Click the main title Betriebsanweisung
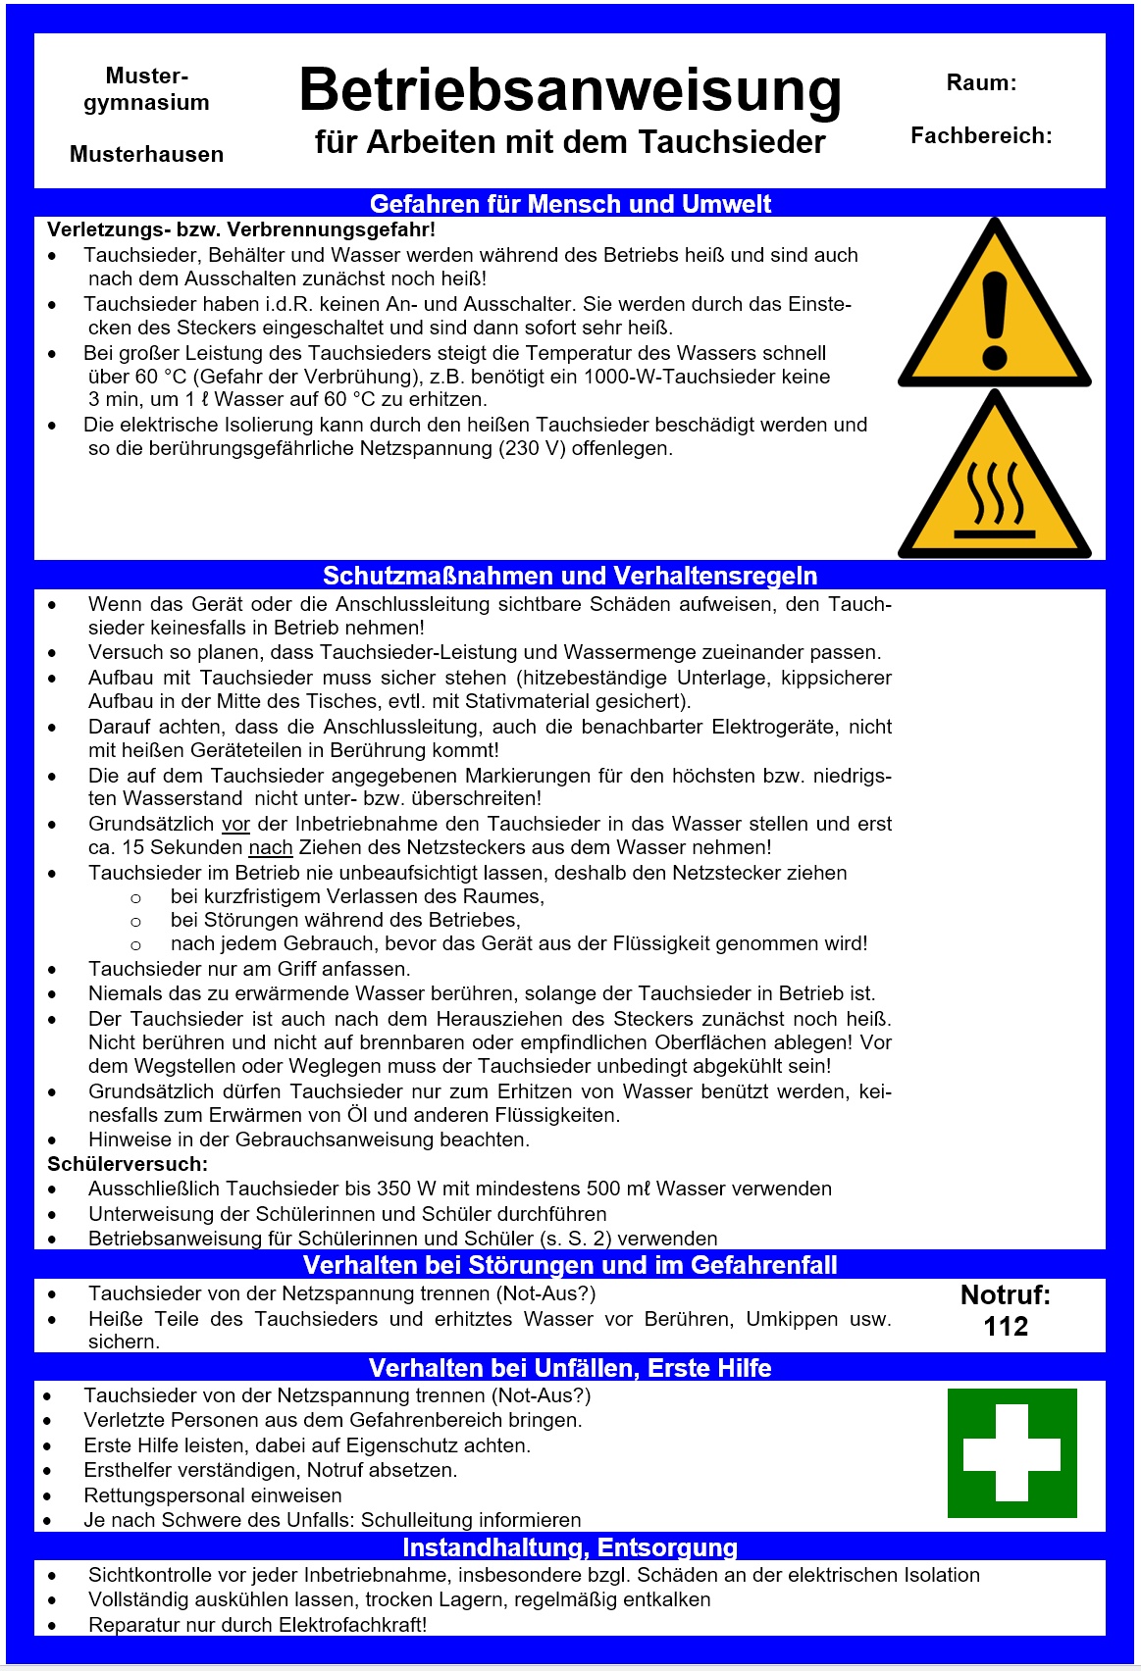click(x=570, y=90)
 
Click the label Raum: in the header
click(x=981, y=83)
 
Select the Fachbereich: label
click(x=981, y=136)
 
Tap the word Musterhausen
click(x=146, y=155)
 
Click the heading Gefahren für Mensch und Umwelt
click(x=570, y=204)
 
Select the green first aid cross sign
click(x=1011, y=1453)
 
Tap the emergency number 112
click(x=1006, y=1327)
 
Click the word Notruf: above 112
click(x=1006, y=1295)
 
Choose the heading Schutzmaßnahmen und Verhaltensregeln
click(x=570, y=576)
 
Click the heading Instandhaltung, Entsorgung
click(x=570, y=1547)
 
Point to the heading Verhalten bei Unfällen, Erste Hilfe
click(x=570, y=1368)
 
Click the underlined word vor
click(x=235, y=825)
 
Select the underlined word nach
click(x=271, y=848)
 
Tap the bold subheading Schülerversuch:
click(x=128, y=1164)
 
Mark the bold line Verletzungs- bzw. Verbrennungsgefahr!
click(x=241, y=230)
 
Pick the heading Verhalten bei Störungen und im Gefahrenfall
click(x=570, y=1265)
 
